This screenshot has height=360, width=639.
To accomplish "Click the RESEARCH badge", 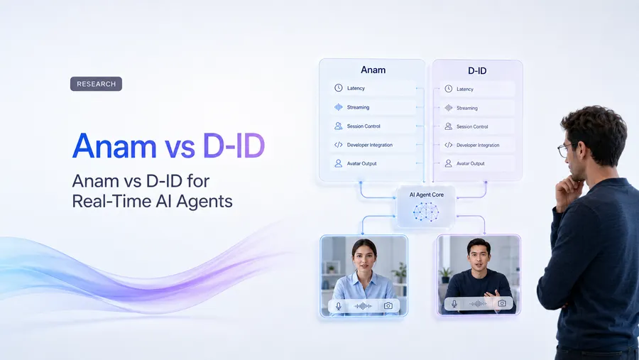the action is pyautogui.click(x=96, y=84).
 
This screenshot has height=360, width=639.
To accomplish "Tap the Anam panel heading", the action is pyautogui.click(x=373, y=70).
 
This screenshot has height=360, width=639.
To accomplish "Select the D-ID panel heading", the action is pyautogui.click(x=477, y=71).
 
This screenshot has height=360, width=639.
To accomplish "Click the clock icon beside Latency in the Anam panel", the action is pyautogui.click(x=338, y=88).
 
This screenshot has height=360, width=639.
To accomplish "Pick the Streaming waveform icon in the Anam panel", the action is pyautogui.click(x=338, y=107).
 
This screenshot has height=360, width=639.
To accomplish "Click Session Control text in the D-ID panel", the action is pyautogui.click(x=472, y=127).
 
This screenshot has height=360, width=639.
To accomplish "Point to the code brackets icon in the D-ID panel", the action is pyautogui.click(x=448, y=145).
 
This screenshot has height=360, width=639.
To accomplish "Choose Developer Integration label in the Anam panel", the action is pyautogui.click(x=370, y=145).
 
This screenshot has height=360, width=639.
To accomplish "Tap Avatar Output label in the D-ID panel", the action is pyautogui.click(x=470, y=163).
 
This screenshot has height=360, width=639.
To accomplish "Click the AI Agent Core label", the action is pyautogui.click(x=426, y=195).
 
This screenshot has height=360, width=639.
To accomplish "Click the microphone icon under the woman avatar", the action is pyautogui.click(x=338, y=306).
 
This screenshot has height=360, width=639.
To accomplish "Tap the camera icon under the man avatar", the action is pyautogui.click(x=502, y=303).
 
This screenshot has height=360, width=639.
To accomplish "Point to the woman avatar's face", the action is pyautogui.click(x=364, y=257).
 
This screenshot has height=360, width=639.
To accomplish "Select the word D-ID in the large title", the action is pyautogui.click(x=234, y=146).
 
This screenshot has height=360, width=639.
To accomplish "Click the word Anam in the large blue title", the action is pyautogui.click(x=114, y=146).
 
